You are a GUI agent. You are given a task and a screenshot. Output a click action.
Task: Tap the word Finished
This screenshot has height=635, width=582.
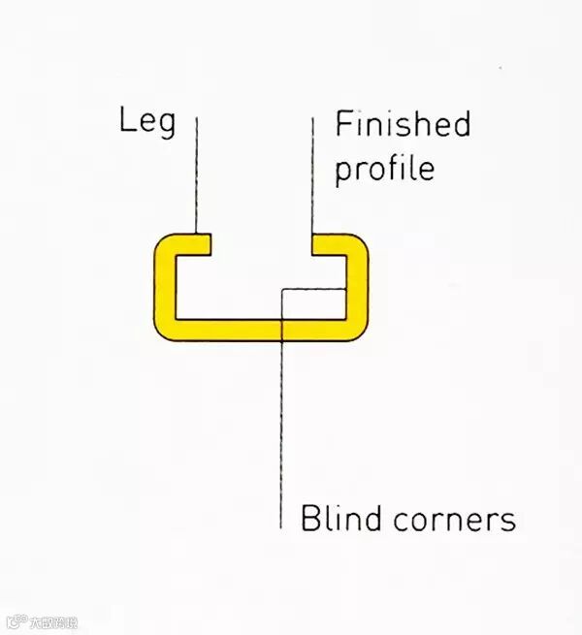(402, 125)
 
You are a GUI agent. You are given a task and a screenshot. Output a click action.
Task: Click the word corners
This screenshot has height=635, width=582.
(454, 519)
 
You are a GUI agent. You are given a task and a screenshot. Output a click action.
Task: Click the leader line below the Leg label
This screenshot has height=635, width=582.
(197, 175)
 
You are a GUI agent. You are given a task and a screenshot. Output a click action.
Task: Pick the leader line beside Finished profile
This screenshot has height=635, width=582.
(312, 175)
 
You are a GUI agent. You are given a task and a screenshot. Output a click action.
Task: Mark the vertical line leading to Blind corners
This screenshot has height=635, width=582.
(281, 436)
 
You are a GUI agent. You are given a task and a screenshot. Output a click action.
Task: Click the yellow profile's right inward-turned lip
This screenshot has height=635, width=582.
(326, 243)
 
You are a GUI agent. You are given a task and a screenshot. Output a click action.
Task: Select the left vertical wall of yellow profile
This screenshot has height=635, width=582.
(164, 286)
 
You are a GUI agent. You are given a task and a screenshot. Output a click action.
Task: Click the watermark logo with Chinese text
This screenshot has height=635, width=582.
(43, 622)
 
